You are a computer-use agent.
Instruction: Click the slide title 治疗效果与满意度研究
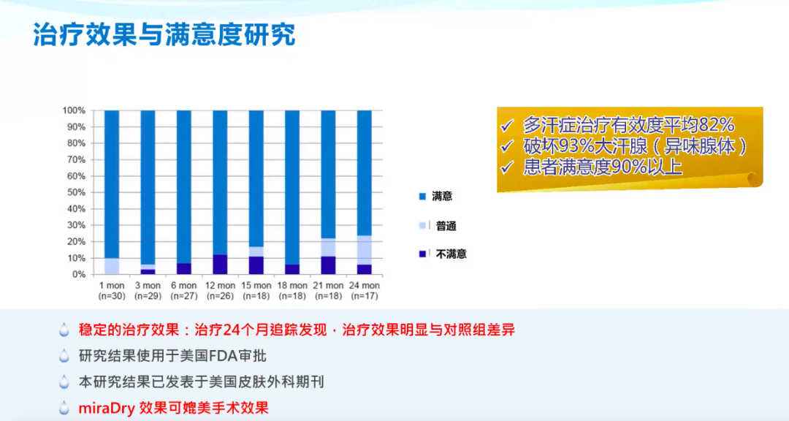tap(164, 34)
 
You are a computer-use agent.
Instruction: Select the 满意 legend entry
tap(442, 197)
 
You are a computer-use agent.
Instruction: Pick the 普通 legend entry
tap(446, 226)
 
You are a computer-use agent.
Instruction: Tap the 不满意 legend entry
tap(451, 254)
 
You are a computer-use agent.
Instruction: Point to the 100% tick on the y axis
tap(74, 110)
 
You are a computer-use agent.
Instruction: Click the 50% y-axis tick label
tap(76, 192)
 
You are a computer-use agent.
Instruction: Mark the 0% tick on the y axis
tap(78, 274)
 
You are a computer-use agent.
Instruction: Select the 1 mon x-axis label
tap(112, 285)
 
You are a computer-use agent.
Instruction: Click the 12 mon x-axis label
tap(220, 285)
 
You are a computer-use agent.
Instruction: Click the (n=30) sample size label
tap(112, 295)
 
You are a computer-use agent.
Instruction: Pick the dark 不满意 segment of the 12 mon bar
tap(220, 265)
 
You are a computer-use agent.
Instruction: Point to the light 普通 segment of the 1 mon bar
tap(112, 266)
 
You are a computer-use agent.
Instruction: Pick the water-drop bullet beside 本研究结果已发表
tap(65, 382)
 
